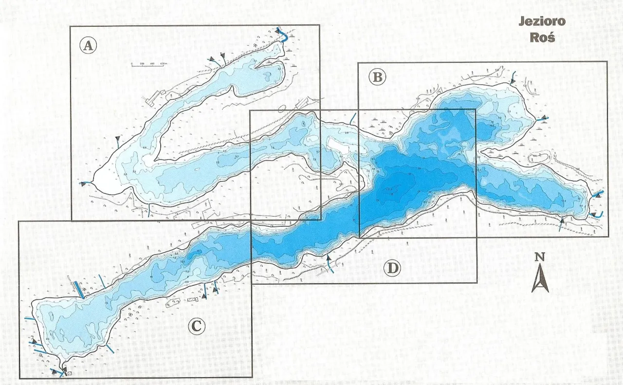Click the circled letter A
88,46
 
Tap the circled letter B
377,77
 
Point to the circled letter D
392,268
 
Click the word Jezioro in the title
542,21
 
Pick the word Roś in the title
542,37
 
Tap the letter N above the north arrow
539,257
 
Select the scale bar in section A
149,64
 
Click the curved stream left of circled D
330,266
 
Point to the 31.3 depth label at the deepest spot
389,189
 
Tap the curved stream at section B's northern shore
513,78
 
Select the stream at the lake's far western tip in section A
86,183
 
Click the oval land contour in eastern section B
540,157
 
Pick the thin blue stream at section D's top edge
352,118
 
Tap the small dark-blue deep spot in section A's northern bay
268,75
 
